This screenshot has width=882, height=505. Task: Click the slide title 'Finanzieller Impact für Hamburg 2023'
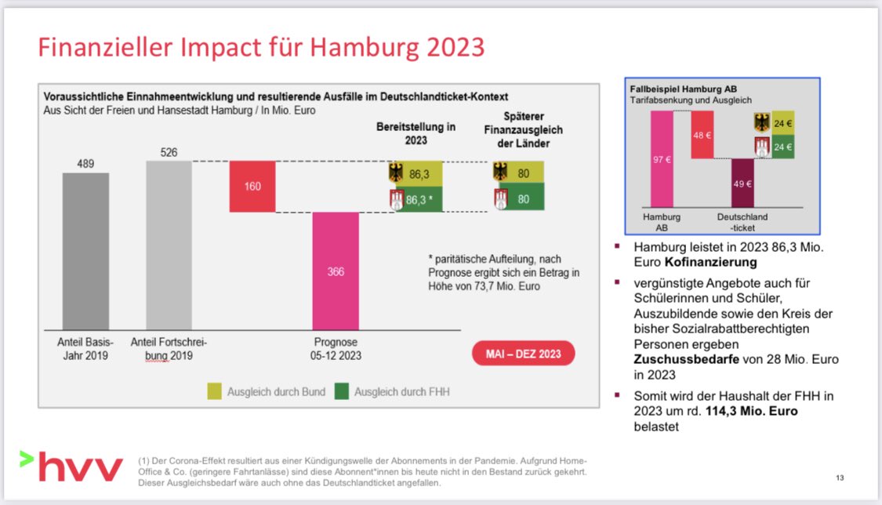(262, 48)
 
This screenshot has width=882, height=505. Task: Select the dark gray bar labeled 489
(85, 251)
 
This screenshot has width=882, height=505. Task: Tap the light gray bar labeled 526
(169, 245)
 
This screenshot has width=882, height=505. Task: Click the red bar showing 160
(252, 187)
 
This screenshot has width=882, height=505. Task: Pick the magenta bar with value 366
(336, 271)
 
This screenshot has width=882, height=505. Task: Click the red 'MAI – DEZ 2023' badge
(523, 354)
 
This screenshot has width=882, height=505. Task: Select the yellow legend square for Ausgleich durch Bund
(214, 391)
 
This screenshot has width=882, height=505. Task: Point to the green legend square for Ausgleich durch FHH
(341, 391)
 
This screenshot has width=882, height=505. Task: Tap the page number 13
(840, 478)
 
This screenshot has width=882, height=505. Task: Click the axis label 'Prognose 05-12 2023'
(336, 349)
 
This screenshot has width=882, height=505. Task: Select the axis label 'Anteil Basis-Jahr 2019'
(85, 349)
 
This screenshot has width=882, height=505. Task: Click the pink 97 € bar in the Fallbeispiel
(662, 159)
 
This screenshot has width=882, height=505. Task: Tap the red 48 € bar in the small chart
(702, 134)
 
